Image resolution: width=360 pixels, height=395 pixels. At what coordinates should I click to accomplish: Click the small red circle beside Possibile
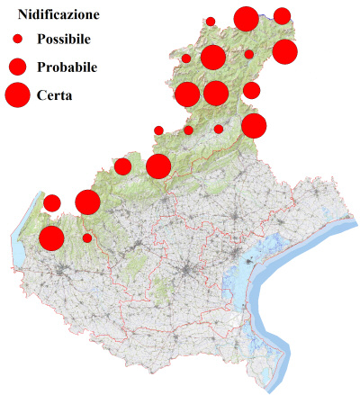[17, 40]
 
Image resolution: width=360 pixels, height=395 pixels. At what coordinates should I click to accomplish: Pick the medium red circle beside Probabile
[17, 67]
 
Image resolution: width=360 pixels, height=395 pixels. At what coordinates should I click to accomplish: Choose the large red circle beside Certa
[17, 94]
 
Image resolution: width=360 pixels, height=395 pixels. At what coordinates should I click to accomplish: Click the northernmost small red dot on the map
[211, 21]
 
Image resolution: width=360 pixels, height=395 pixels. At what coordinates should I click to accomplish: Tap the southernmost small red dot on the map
[87, 238]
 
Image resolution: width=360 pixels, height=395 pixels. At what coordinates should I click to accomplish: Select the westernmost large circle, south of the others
[51, 238]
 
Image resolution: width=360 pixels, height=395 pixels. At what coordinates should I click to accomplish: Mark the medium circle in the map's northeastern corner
[282, 15]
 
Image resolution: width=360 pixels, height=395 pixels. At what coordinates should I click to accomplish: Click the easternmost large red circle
[284, 52]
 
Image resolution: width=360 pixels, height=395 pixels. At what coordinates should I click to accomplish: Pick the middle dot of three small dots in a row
[188, 130]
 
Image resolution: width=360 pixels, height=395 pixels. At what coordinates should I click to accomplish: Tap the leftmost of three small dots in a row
[158, 130]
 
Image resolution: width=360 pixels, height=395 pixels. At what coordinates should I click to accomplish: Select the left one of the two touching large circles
[187, 94]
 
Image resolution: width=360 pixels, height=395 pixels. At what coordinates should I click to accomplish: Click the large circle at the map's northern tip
[246, 18]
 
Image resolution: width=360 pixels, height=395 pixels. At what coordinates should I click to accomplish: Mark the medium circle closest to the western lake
[51, 202]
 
